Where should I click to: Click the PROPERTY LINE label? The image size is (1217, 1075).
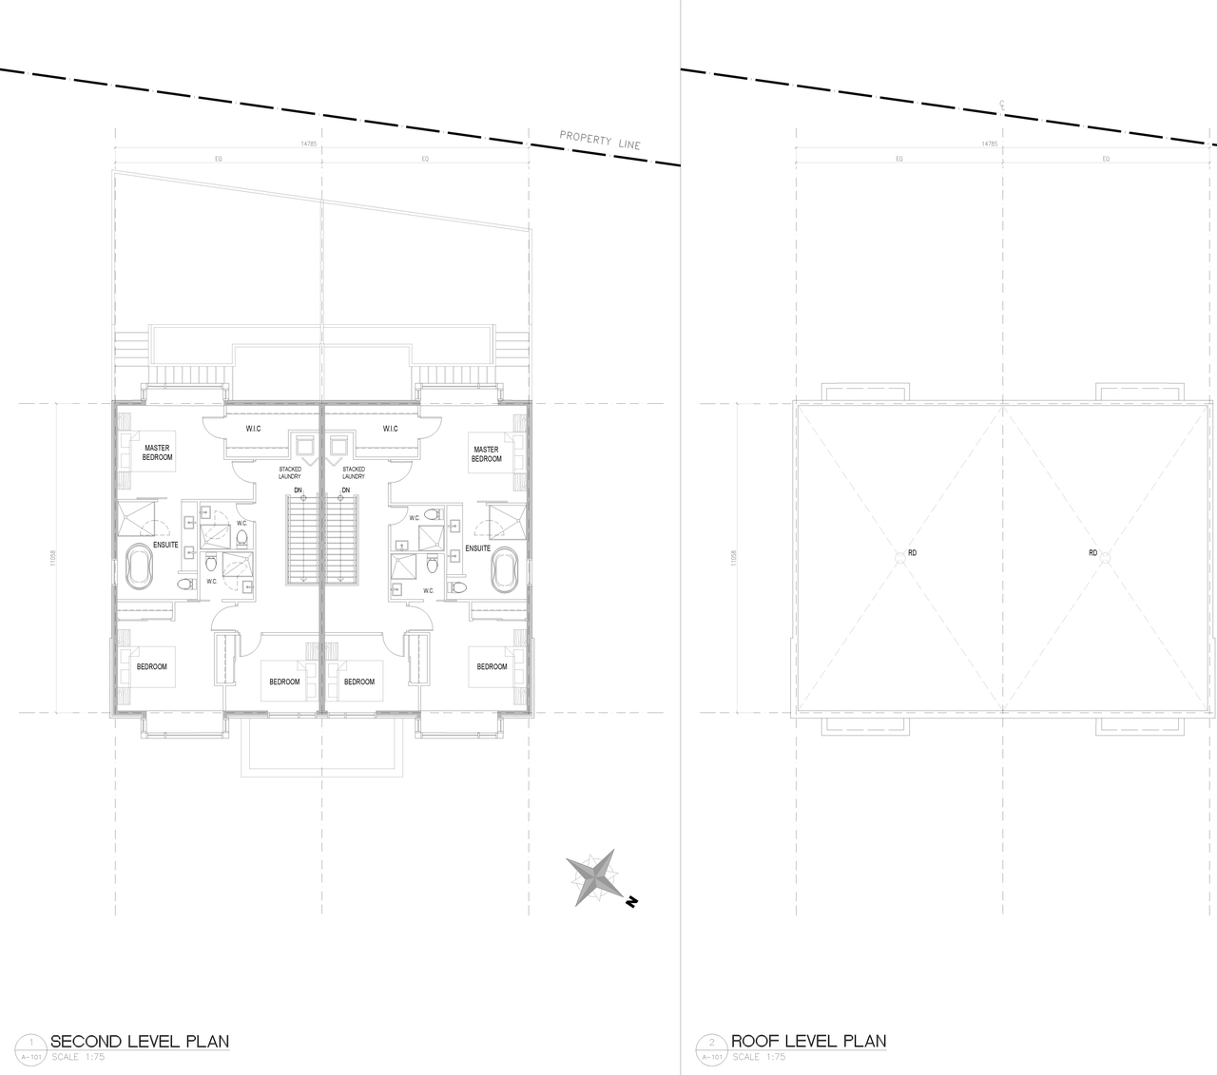point(600,141)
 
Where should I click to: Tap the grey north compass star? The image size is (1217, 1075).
point(593,878)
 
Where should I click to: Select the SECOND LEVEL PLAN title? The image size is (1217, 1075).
point(139,1041)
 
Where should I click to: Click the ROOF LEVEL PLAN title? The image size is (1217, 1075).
point(808,1041)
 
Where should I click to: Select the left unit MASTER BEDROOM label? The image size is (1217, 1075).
point(158,453)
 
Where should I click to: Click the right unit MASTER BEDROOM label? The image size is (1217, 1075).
point(486,454)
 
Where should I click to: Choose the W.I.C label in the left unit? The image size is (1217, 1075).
point(254,429)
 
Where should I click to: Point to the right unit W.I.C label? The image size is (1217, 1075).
point(390,429)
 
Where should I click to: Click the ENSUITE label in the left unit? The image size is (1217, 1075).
point(165,545)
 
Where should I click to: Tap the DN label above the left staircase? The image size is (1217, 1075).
point(298,490)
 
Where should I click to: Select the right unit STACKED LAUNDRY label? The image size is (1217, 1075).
point(354,472)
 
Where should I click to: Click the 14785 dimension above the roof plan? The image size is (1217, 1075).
point(990,144)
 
